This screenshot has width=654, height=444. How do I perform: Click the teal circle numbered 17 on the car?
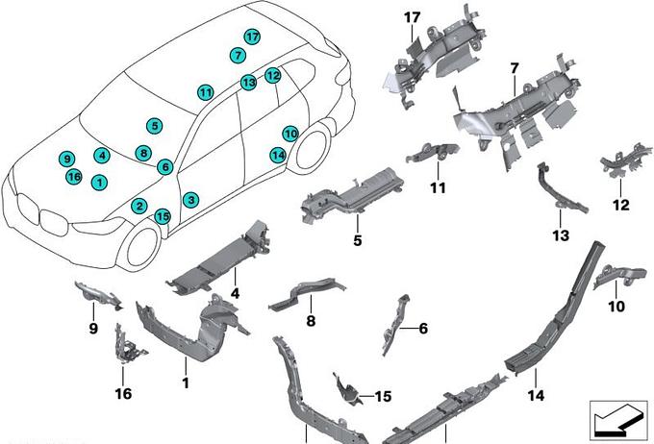252,37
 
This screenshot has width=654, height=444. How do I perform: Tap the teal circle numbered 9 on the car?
65,159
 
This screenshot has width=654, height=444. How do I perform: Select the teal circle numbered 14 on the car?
277,155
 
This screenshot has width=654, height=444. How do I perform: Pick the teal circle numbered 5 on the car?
154,126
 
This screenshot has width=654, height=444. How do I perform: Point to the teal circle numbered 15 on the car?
163,217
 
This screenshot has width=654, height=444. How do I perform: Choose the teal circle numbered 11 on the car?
205,93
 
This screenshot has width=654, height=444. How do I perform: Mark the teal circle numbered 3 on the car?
192,200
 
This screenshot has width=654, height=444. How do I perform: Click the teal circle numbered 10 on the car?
290,134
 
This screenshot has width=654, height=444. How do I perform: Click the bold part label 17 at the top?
412,17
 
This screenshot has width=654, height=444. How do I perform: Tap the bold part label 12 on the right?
620,205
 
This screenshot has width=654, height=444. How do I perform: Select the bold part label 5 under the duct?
357,240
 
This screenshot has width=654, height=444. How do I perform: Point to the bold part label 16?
123,393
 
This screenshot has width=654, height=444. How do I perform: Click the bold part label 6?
423,328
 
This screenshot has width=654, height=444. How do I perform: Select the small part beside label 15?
348,387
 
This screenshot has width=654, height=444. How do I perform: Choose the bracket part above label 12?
616,166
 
